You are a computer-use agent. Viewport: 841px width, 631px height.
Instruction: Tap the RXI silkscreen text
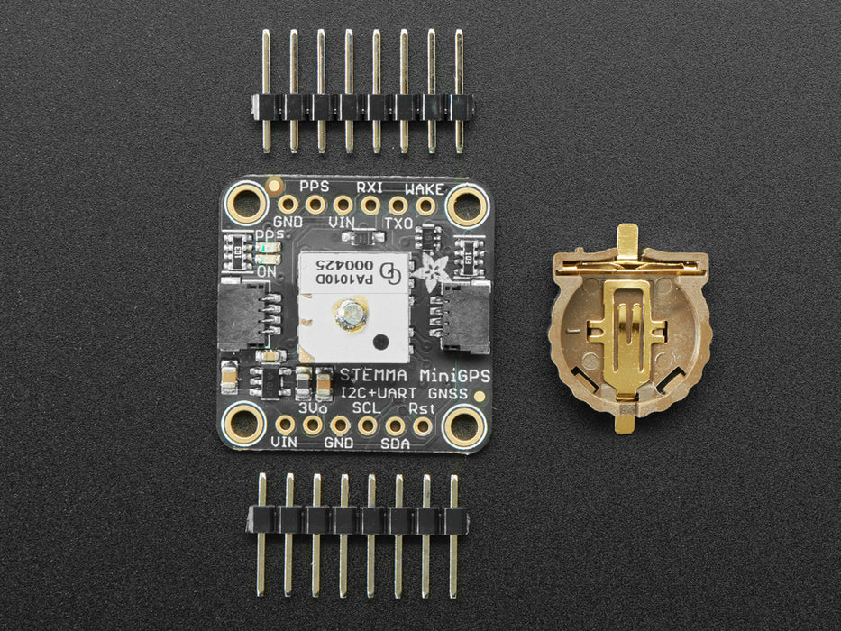pyautogui.click(x=370, y=187)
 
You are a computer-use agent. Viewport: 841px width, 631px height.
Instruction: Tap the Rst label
pyautogui.click(x=421, y=407)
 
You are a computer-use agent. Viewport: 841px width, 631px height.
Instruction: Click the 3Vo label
pyautogui.click(x=313, y=407)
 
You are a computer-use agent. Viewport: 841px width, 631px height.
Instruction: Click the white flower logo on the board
pyautogui.click(x=431, y=271)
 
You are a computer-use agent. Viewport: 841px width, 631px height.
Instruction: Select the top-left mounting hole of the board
pyautogui.click(x=243, y=203)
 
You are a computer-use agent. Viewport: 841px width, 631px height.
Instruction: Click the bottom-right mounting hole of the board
pyautogui.click(x=463, y=423)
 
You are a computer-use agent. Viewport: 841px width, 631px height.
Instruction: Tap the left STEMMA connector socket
pyautogui.click(x=242, y=313)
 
